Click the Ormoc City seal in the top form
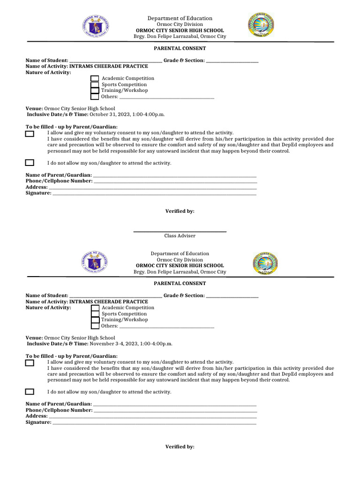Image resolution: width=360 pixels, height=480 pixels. tap(261, 25)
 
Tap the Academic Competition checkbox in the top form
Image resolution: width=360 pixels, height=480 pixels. tap(95, 79)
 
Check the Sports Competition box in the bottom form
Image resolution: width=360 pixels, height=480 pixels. tap(95, 314)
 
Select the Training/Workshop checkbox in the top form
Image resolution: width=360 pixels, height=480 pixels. tap(95, 90)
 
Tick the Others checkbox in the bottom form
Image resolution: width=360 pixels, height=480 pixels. tap(95, 326)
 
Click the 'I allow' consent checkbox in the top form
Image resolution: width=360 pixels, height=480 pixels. tap(30, 134)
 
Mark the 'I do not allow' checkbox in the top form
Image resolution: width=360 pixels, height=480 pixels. tap(30, 163)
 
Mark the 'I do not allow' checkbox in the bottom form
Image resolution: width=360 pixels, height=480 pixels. tap(30, 392)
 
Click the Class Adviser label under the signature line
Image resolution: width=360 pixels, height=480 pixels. tap(180, 236)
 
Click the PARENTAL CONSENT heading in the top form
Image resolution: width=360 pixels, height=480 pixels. tap(180, 48)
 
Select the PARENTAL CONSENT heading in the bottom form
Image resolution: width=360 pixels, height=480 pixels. tap(180, 284)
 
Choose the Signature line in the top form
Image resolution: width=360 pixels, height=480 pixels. tap(154, 194)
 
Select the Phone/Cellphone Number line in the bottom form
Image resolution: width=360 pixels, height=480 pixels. tap(175, 411)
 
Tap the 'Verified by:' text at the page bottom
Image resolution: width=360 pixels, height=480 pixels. tap(180, 447)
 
